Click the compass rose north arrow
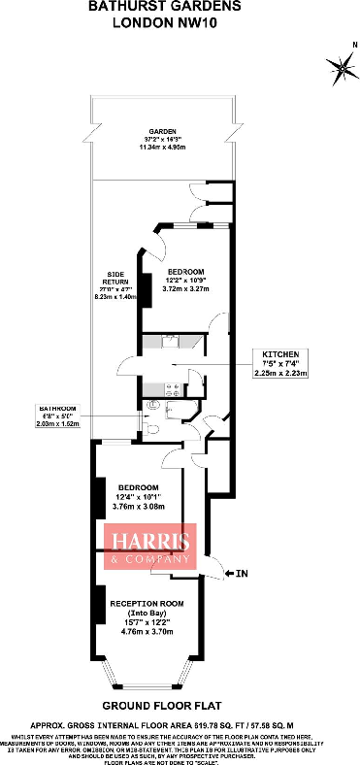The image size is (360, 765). pyautogui.click(x=342, y=66)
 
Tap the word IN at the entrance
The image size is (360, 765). pyautogui.click(x=243, y=575)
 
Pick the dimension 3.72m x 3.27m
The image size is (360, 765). pyautogui.click(x=185, y=288)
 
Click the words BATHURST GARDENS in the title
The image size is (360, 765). pyautogui.click(x=179, y=8)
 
